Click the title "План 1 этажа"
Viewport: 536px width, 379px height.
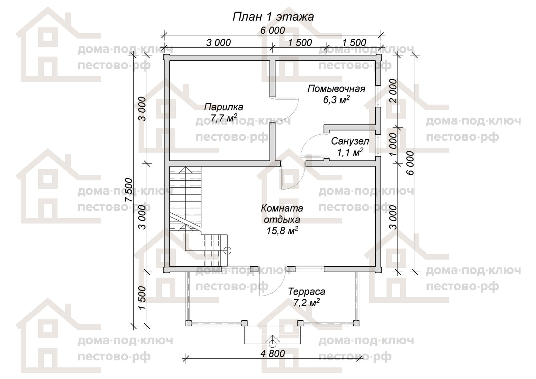(273, 17)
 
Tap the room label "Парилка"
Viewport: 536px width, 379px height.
(223, 107)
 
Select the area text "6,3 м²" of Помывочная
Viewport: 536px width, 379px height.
(336, 99)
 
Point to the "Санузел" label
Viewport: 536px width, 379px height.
(350, 141)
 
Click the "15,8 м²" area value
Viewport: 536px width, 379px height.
(282, 231)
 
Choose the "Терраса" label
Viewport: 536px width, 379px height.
(307, 291)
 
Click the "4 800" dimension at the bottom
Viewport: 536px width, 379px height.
(273, 353)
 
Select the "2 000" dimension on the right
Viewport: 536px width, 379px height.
(393, 91)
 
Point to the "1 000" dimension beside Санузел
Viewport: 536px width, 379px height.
(393, 144)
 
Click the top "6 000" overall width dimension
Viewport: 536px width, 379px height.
(273, 31)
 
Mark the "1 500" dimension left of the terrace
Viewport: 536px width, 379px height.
(142, 298)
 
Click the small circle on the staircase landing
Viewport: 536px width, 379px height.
(228, 251)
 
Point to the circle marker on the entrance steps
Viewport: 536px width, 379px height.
(272, 344)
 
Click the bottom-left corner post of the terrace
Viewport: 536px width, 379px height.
(189, 323)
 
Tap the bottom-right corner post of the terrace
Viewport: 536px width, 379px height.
(356, 323)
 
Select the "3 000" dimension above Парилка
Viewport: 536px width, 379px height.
(219, 42)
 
